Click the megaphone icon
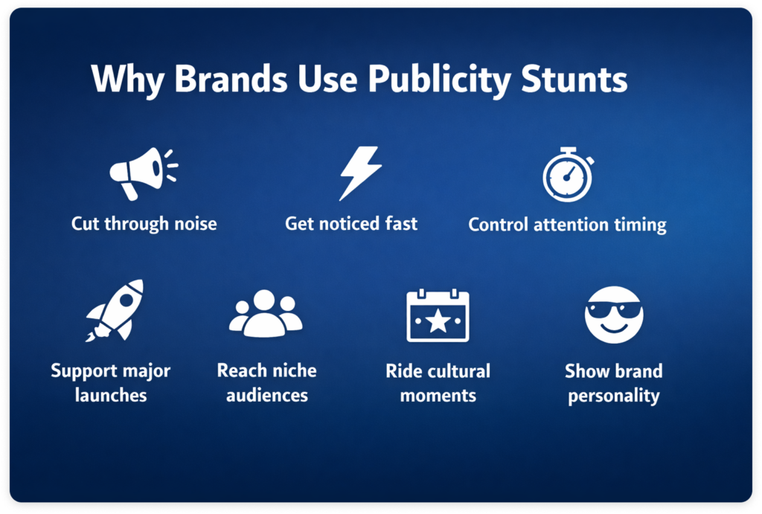[x=141, y=173]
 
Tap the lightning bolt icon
[x=360, y=173]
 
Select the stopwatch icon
[x=568, y=175]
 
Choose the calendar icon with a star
[x=438, y=315]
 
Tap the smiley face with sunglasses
[x=612, y=315]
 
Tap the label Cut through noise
[x=144, y=223]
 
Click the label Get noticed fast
[x=351, y=223]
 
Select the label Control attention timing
[x=567, y=224]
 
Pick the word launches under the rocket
[x=111, y=394]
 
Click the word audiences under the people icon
[x=266, y=394]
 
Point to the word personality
[x=613, y=395]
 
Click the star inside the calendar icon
[x=438, y=322]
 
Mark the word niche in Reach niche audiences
[x=292, y=371]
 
